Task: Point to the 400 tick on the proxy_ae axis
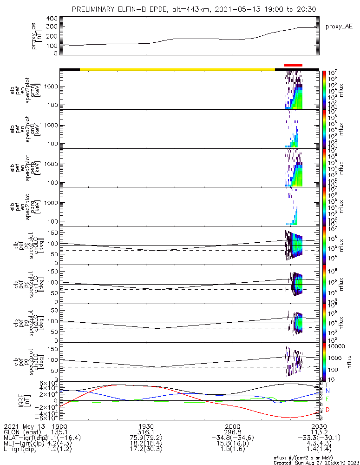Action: tap(52, 19)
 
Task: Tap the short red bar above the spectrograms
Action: tap(293, 66)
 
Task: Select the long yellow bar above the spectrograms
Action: tap(177, 69)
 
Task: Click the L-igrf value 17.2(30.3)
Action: tap(146, 451)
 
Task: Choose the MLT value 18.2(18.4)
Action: tap(146, 445)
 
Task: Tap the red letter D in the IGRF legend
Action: tap(327, 410)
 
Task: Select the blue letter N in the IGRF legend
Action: tap(327, 392)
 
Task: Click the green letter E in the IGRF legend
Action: tap(327, 399)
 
